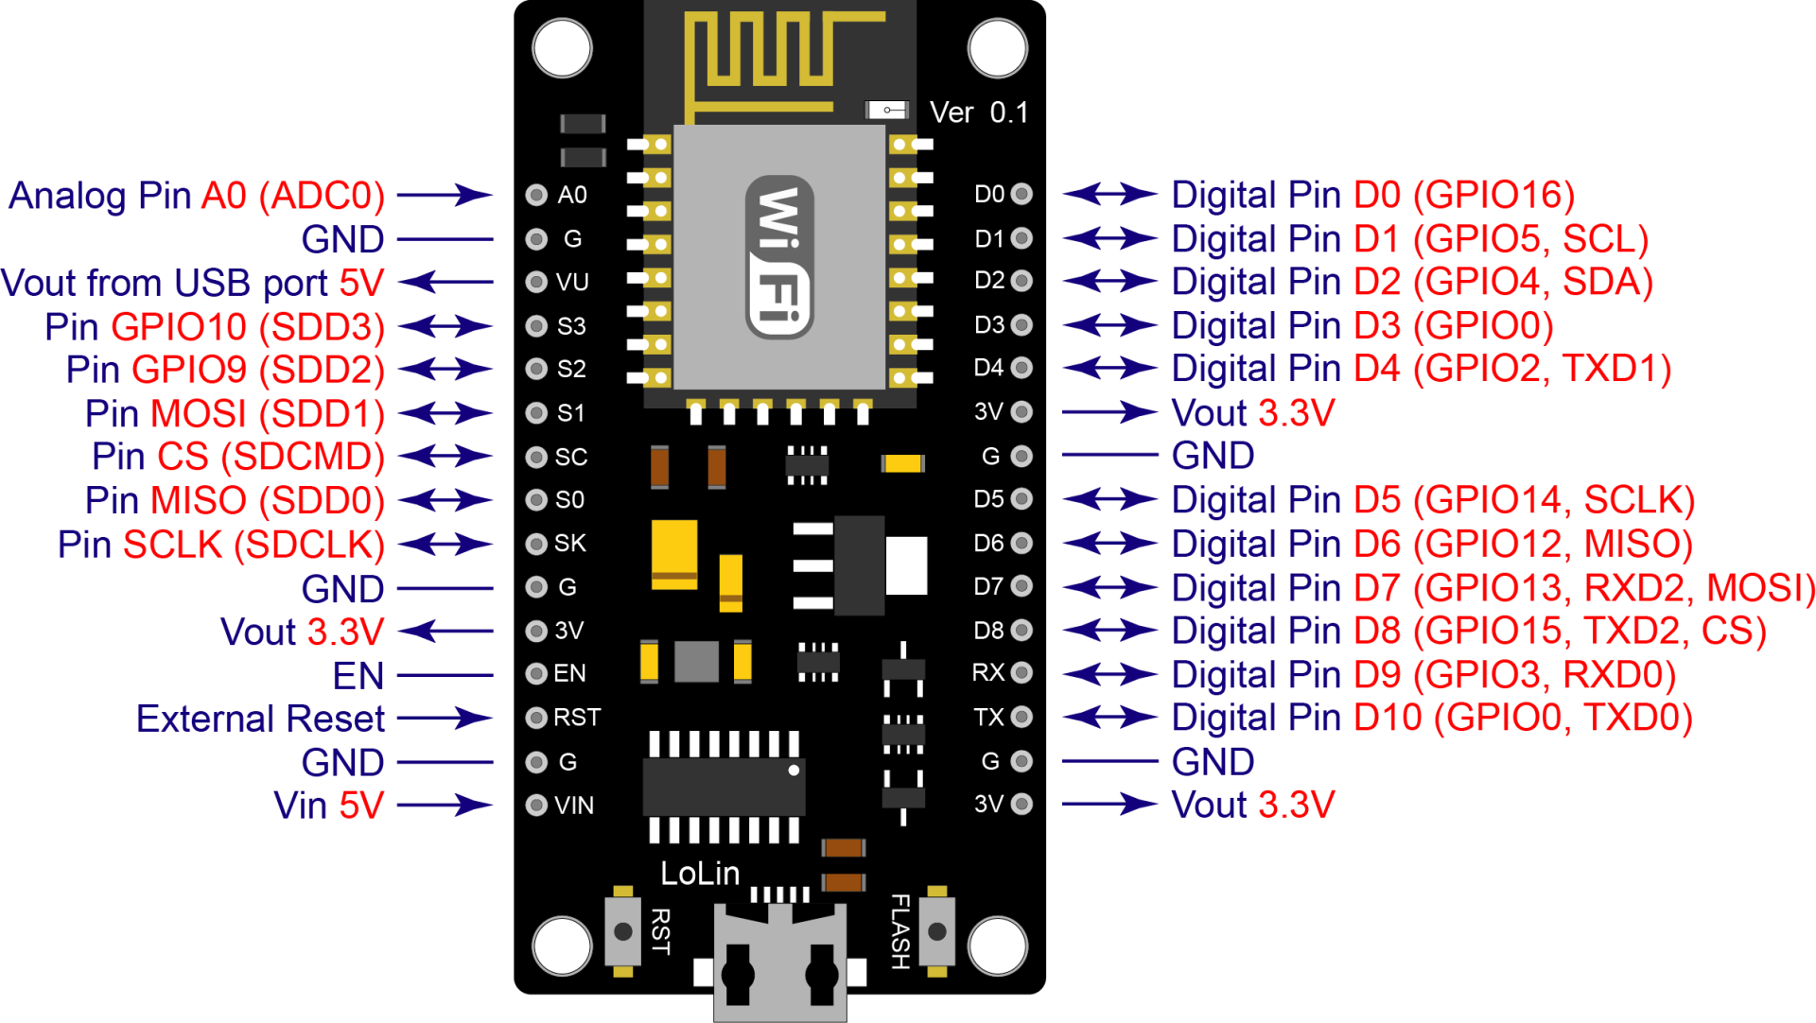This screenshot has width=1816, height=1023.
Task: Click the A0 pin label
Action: (572, 195)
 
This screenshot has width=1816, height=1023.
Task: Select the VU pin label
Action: (572, 282)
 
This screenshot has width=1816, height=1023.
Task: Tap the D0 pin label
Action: (989, 194)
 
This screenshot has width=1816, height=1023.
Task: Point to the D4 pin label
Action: (988, 367)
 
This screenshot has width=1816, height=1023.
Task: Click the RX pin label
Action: (988, 672)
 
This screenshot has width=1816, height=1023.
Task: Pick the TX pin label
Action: (988, 717)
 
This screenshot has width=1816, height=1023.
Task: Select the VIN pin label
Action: (574, 806)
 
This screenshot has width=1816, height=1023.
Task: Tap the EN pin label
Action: (569, 673)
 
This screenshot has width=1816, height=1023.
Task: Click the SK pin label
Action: (570, 543)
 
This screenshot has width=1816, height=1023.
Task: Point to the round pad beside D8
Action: (1021, 630)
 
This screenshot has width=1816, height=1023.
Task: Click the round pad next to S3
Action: (536, 326)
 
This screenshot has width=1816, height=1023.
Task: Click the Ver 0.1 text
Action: (979, 113)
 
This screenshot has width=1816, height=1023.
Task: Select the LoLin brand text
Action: (700, 874)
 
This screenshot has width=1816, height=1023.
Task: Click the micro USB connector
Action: (779, 964)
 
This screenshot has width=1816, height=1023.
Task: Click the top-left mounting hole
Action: (562, 48)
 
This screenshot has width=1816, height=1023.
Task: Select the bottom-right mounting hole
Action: (998, 945)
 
